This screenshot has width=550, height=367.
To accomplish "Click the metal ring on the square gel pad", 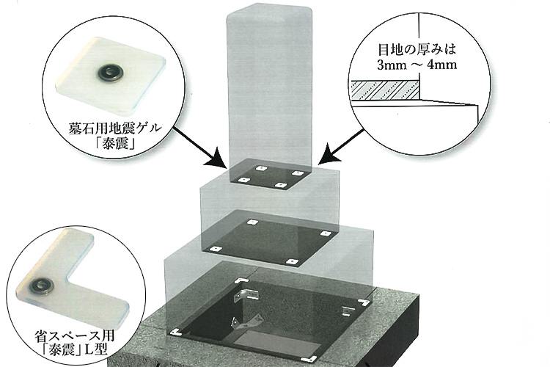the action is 109,73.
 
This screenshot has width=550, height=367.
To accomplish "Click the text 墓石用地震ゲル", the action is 115,128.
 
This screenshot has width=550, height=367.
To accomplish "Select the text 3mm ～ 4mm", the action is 417,65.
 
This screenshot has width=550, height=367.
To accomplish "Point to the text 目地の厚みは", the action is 417,49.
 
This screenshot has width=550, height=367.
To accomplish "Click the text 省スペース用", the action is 75,336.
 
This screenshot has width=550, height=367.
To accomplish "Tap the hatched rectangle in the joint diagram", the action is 385,90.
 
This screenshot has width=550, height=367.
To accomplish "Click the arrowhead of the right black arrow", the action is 329,153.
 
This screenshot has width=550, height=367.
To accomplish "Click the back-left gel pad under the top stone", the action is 260,168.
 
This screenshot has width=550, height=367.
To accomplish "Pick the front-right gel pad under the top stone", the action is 279,184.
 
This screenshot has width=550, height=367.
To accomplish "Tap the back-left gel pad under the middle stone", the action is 252,222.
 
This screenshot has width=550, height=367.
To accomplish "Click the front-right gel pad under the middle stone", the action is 292,261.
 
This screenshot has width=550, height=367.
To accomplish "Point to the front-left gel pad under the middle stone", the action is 216,249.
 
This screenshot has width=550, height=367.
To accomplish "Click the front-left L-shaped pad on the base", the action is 175,332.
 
